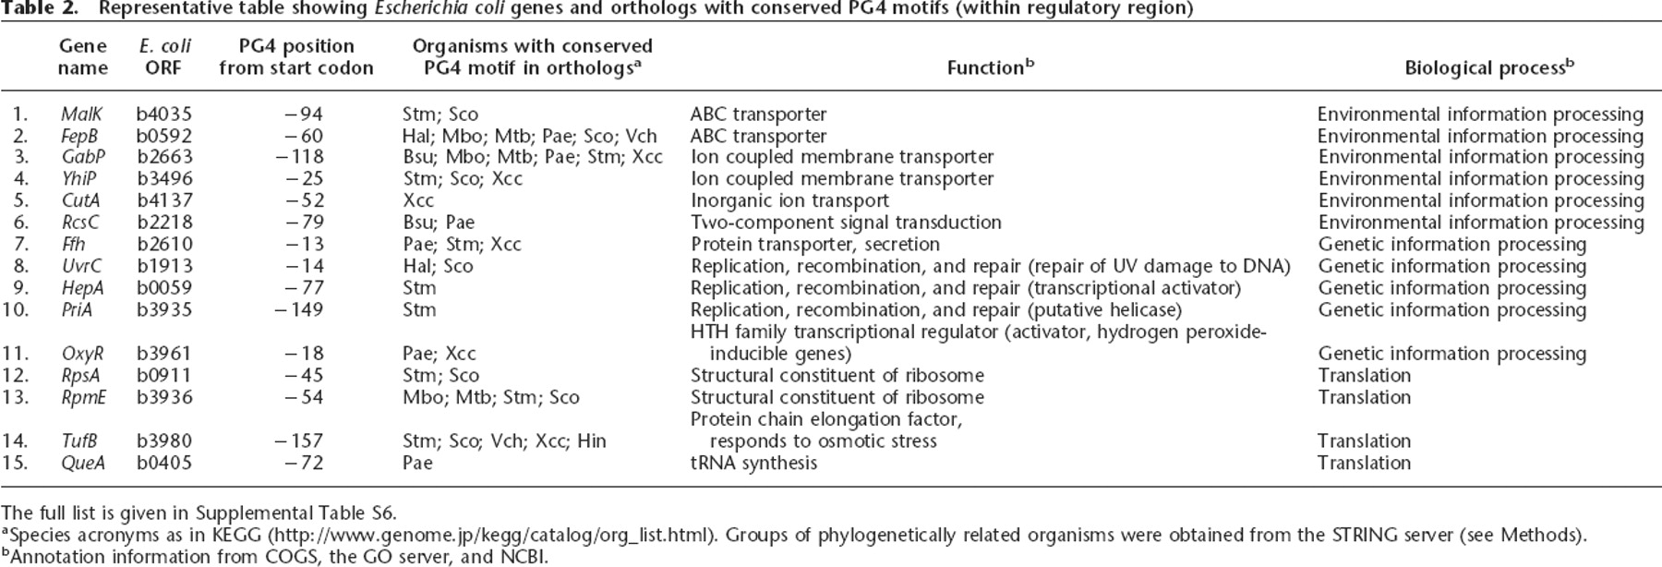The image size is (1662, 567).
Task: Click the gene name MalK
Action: point(81,115)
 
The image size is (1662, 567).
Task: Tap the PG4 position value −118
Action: point(300,158)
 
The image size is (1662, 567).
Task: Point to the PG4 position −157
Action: point(300,441)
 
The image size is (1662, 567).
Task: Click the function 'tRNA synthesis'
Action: point(753,463)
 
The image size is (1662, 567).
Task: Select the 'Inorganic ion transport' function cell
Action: point(789,201)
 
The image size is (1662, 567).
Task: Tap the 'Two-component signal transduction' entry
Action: point(846,223)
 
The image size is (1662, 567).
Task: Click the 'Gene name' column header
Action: point(83,56)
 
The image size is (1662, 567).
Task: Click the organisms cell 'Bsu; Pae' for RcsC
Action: point(439,223)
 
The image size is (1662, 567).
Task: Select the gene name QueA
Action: point(82,463)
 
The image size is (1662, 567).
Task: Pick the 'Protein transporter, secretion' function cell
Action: point(815,245)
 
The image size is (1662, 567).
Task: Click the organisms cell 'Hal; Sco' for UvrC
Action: point(438,267)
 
